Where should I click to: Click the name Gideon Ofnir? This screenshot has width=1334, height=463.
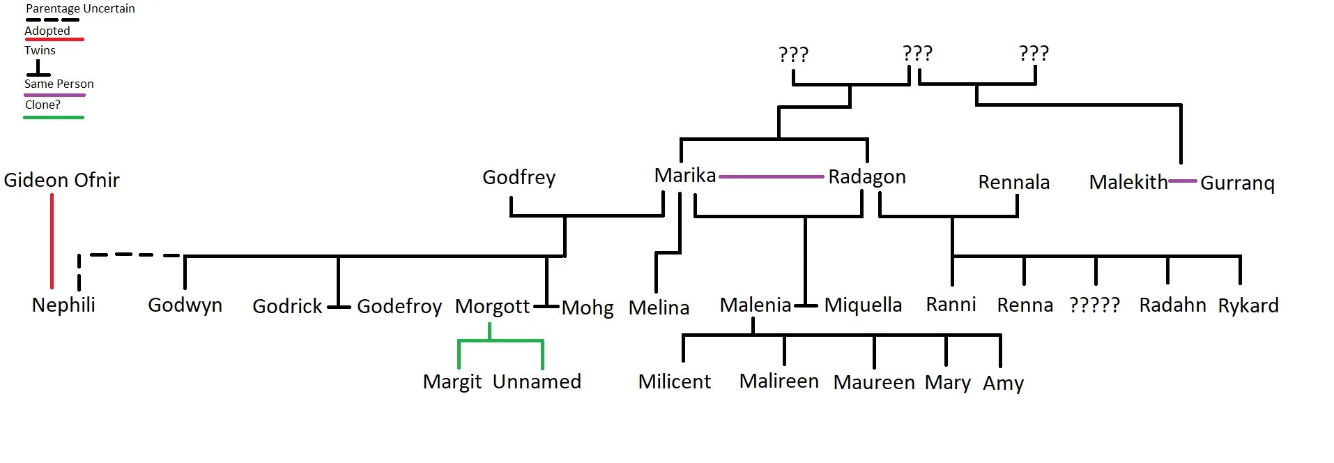(x=61, y=181)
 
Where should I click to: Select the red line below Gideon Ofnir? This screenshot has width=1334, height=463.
(x=52, y=241)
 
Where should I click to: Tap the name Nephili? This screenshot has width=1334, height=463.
(x=63, y=305)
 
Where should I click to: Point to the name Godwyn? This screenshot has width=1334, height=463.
(x=185, y=305)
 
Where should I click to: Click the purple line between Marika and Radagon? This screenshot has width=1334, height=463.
(x=771, y=177)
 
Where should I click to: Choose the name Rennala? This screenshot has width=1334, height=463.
(x=1013, y=183)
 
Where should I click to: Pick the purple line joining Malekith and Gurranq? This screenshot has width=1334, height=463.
(x=1183, y=181)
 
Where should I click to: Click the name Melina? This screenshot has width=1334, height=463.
(x=659, y=308)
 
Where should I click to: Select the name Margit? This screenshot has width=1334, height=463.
(x=452, y=382)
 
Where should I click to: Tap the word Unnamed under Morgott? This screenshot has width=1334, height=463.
(x=537, y=382)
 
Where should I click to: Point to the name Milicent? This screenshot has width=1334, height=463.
(x=674, y=382)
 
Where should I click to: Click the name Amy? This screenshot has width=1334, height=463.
(x=1003, y=384)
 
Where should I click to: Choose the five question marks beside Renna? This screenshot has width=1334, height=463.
(x=1094, y=305)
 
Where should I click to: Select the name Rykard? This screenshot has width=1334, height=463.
(x=1248, y=306)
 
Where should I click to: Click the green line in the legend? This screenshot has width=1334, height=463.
(x=54, y=117)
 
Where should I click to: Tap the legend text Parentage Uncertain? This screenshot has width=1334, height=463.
(x=80, y=9)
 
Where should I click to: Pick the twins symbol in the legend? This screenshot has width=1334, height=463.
(x=38, y=68)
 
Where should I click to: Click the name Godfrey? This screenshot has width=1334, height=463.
(x=519, y=178)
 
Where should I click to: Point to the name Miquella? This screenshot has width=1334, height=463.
(x=863, y=305)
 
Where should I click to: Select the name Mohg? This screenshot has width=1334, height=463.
(x=588, y=308)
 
